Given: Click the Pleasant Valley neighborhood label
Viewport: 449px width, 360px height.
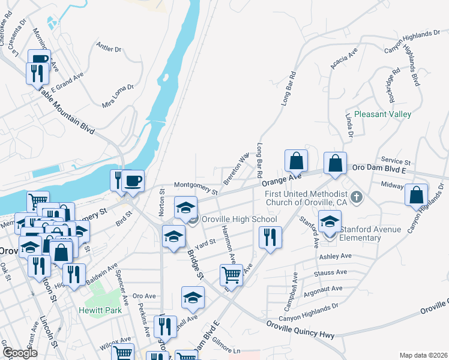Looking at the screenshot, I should (x=382, y=114).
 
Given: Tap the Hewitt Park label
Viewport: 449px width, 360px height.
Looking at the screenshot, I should (x=100, y=310).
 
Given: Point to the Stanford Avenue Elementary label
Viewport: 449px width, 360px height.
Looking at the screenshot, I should (x=360, y=234).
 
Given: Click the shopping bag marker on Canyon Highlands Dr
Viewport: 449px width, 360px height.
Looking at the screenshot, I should (x=416, y=195).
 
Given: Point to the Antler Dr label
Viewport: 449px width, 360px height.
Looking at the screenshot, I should (x=109, y=49).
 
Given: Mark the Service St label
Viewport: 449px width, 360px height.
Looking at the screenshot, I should (x=396, y=162).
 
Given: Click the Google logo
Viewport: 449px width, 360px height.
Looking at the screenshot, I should (x=20, y=353).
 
